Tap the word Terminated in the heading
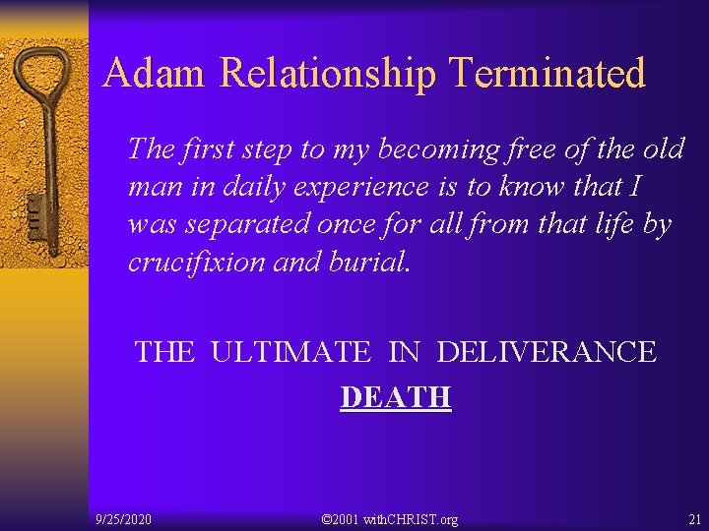click(547, 74)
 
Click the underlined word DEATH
click(395, 397)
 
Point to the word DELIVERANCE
click(547, 352)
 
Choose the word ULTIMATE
click(290, 352)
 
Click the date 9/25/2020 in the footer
click(124, 518)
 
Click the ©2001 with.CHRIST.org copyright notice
click(390, 518)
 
